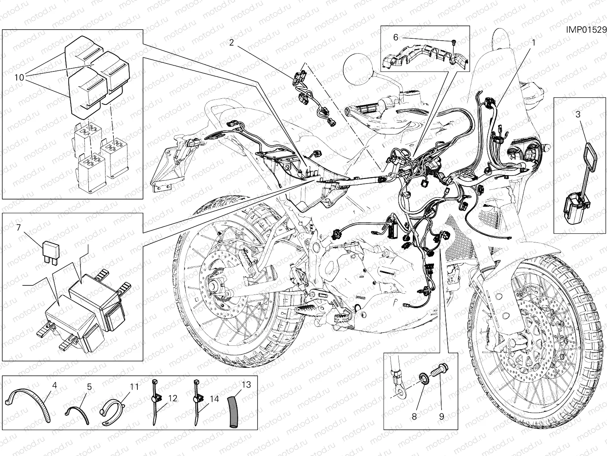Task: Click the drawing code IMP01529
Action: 586,30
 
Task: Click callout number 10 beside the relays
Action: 19,78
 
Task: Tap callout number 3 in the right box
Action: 578,114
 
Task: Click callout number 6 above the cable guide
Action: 395,37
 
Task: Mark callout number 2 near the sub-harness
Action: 231,43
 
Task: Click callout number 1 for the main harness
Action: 533,43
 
